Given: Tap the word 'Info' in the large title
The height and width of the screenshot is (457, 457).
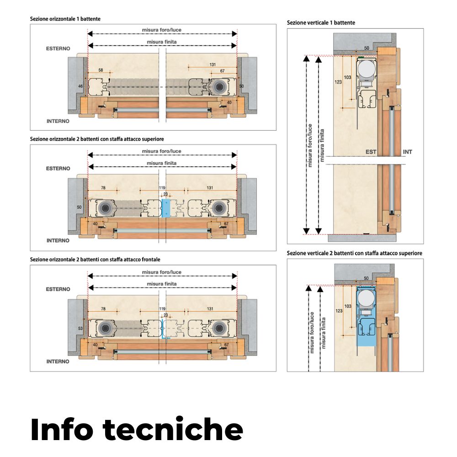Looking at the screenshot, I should click(x=62, y=430).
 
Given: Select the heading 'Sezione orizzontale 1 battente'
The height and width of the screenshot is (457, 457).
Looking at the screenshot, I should click(x=65, y=19).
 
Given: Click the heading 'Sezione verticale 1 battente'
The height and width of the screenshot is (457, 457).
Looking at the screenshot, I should click(x=321, y=22).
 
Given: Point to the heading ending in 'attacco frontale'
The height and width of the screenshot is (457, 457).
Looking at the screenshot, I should click(x=95, y=260).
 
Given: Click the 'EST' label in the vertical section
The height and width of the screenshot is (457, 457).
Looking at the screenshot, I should click(x=371, y=152).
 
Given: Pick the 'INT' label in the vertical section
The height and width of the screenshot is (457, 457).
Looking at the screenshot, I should click(x=408, y=152).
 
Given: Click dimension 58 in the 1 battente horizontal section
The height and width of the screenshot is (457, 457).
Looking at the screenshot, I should click(x=101, y=70).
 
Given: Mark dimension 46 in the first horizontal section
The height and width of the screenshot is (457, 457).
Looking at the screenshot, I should click(x=81, y=86).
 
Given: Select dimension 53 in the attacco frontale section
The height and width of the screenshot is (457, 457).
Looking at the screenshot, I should click(x=81, y=328).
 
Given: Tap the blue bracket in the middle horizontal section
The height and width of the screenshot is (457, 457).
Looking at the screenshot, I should click(x=166, y=208).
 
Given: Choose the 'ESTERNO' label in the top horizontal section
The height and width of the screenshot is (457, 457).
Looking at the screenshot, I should click(x=58, y=48).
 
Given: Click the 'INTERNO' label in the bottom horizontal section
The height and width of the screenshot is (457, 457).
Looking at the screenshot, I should click(x=58, y=361).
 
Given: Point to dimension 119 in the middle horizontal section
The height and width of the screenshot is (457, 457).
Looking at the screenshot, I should click(x=162, y=188).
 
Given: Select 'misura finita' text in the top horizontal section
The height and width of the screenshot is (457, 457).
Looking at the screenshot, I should click(x=162, y=42).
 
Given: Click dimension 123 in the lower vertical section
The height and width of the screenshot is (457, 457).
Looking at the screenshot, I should click(x=339, y=311).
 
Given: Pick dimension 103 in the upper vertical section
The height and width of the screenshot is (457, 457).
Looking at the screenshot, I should click(x=348, y=78).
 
